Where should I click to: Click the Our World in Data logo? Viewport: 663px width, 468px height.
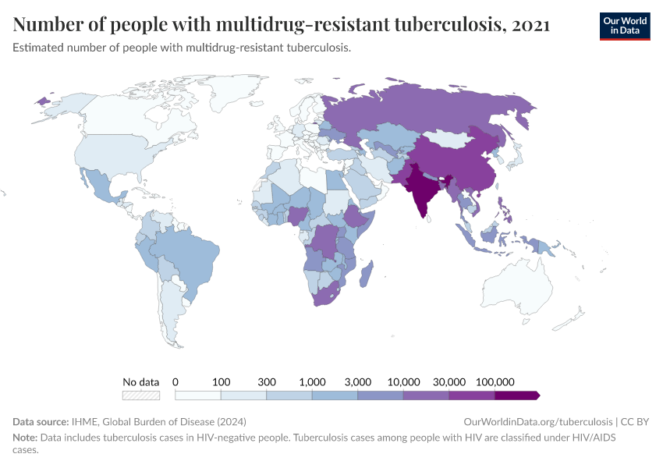click(x=624, y=26)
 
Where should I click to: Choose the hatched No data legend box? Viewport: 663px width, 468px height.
click(x=141, y=395)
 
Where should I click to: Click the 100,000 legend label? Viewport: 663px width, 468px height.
click(x=495, y=382)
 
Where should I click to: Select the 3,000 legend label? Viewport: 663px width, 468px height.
click(x=357, y=382)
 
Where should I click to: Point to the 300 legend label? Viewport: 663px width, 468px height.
click(x=267, y=382)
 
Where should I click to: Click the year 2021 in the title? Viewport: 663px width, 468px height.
click(x=531, y=25)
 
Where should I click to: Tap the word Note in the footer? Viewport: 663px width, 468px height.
click(x=25, y=438)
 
